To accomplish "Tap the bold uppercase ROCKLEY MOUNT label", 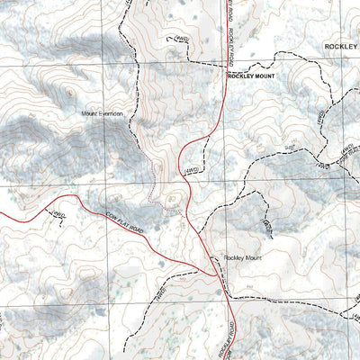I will tap(251, 77).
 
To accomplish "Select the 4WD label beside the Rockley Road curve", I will tap(191, 168).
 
